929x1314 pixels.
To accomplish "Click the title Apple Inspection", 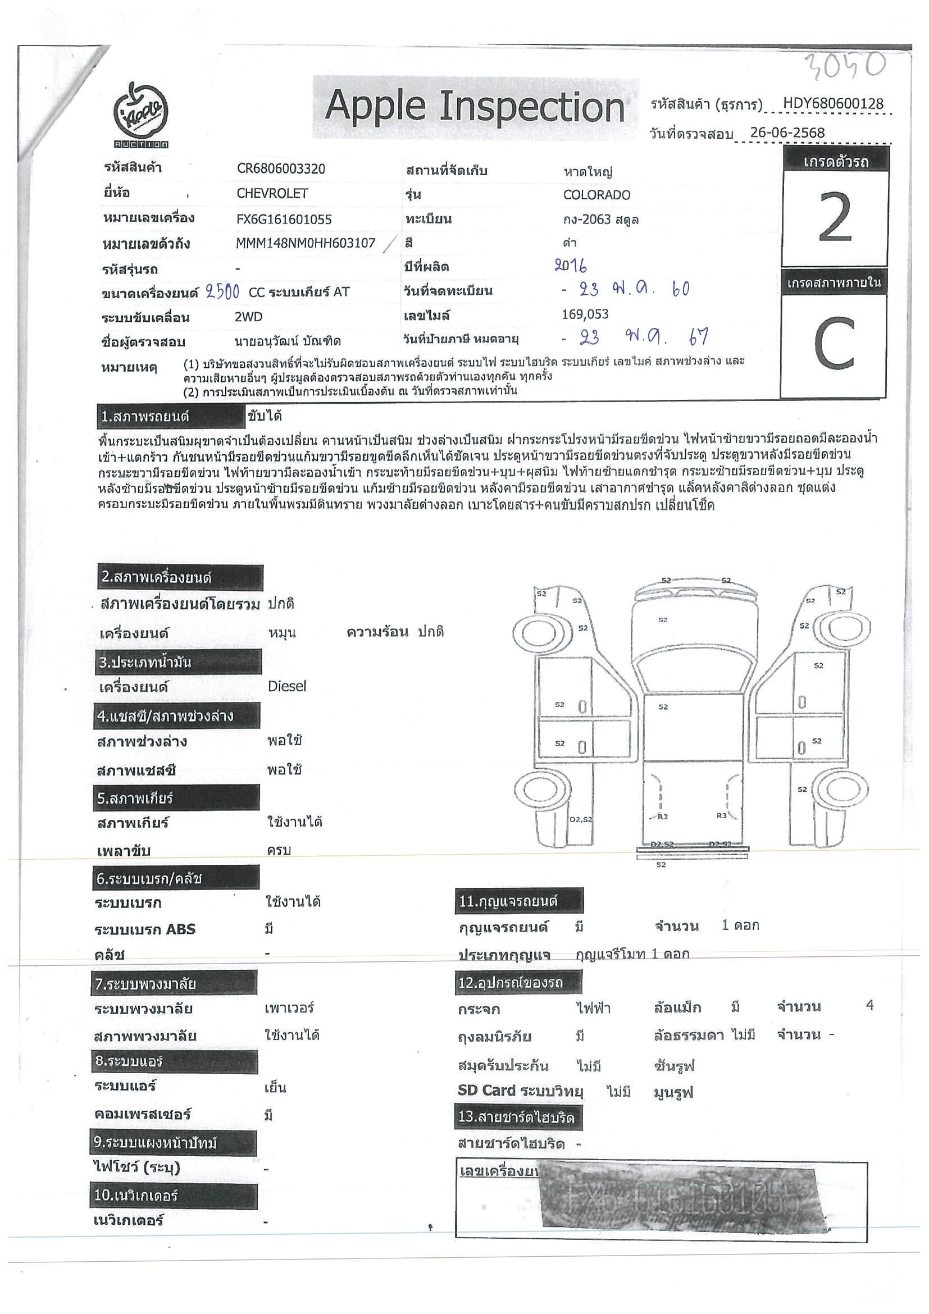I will (x=474, y=107).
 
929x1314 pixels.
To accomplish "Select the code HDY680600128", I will (x=833, y=103).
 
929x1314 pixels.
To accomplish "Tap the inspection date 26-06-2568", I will (x=787, y=133).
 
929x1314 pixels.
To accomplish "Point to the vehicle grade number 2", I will (x=835, y=218).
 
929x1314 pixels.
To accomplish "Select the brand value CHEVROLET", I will (x=272, y=193).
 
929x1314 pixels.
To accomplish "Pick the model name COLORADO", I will (x=596, y=195).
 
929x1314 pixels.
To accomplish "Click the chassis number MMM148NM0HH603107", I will (x=305, y=243).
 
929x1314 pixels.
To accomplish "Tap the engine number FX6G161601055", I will (x=284, y=219).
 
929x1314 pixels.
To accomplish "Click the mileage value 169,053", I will (x=585, y=314).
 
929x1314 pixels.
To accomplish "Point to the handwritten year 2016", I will (x=571, y=265).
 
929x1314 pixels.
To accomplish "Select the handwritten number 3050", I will (x=845, y=67).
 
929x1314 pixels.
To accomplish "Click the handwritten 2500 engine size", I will (x=222, y=292).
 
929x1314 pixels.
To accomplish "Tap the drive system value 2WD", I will (x=248, y=317).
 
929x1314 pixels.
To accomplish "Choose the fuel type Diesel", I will (x=287, y=686).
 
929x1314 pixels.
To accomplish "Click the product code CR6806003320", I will (x=280, y=169).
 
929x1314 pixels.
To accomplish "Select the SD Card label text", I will (x=486, y=1091).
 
